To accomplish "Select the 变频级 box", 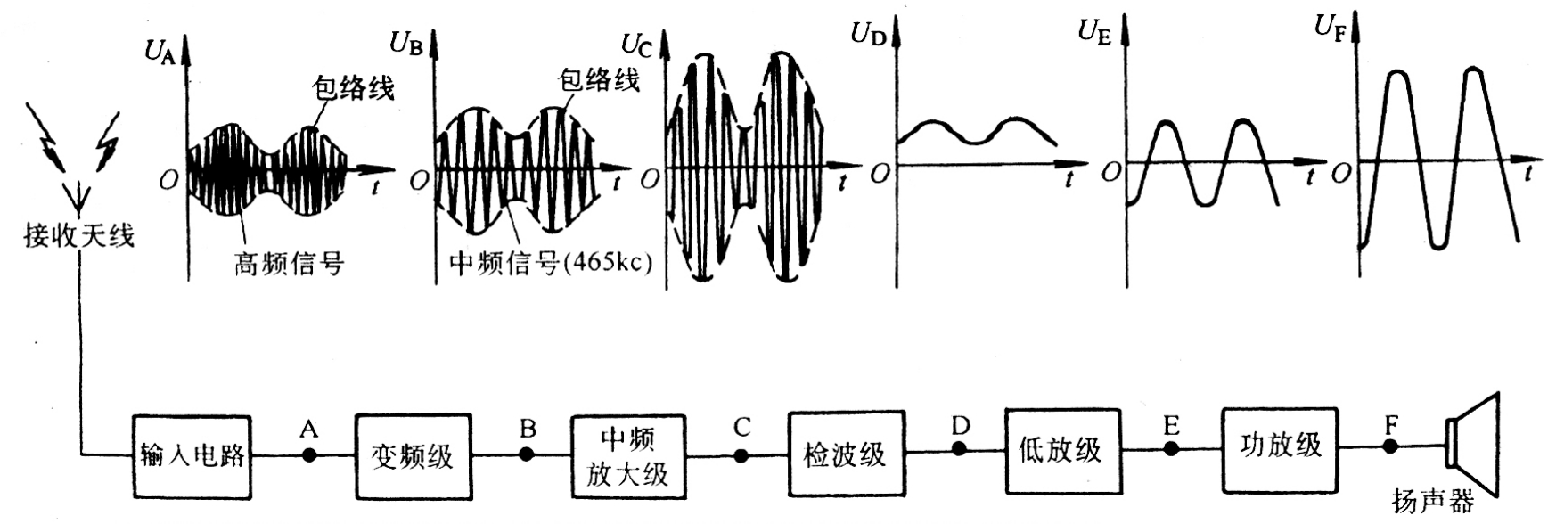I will pos(412,455).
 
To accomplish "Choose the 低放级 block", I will pos(1061,450).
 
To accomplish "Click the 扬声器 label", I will pos(1433,501).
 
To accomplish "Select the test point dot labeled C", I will pos(741,454).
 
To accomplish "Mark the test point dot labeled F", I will pos(1390,446).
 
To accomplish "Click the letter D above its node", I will pos(960,426).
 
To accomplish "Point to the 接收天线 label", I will pos(79,236).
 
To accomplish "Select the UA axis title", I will pos(161,50).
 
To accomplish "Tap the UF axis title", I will pos(1330,26).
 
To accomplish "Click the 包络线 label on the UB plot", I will pos(599,80).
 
